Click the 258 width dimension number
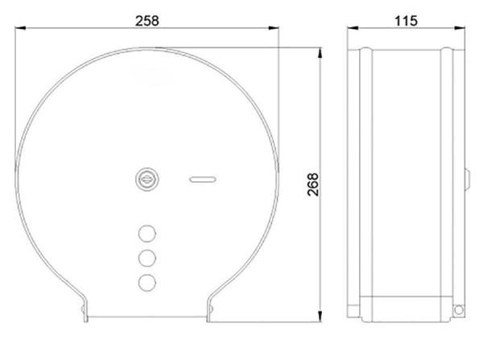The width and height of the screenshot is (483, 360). [147, 21]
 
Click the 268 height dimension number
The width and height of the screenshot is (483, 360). [313, 184]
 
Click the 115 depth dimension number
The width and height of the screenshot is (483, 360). [406, 21]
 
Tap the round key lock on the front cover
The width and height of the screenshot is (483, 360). [147, 180]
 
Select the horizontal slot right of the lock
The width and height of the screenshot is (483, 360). [202, 180]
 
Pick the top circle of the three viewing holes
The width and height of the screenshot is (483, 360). [147, 234]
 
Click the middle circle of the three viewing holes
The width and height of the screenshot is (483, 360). [147, 258]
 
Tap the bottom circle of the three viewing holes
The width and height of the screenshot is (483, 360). [147, 283]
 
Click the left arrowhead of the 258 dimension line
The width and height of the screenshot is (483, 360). [20, 28]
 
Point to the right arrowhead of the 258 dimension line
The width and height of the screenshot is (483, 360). [274, 28]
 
